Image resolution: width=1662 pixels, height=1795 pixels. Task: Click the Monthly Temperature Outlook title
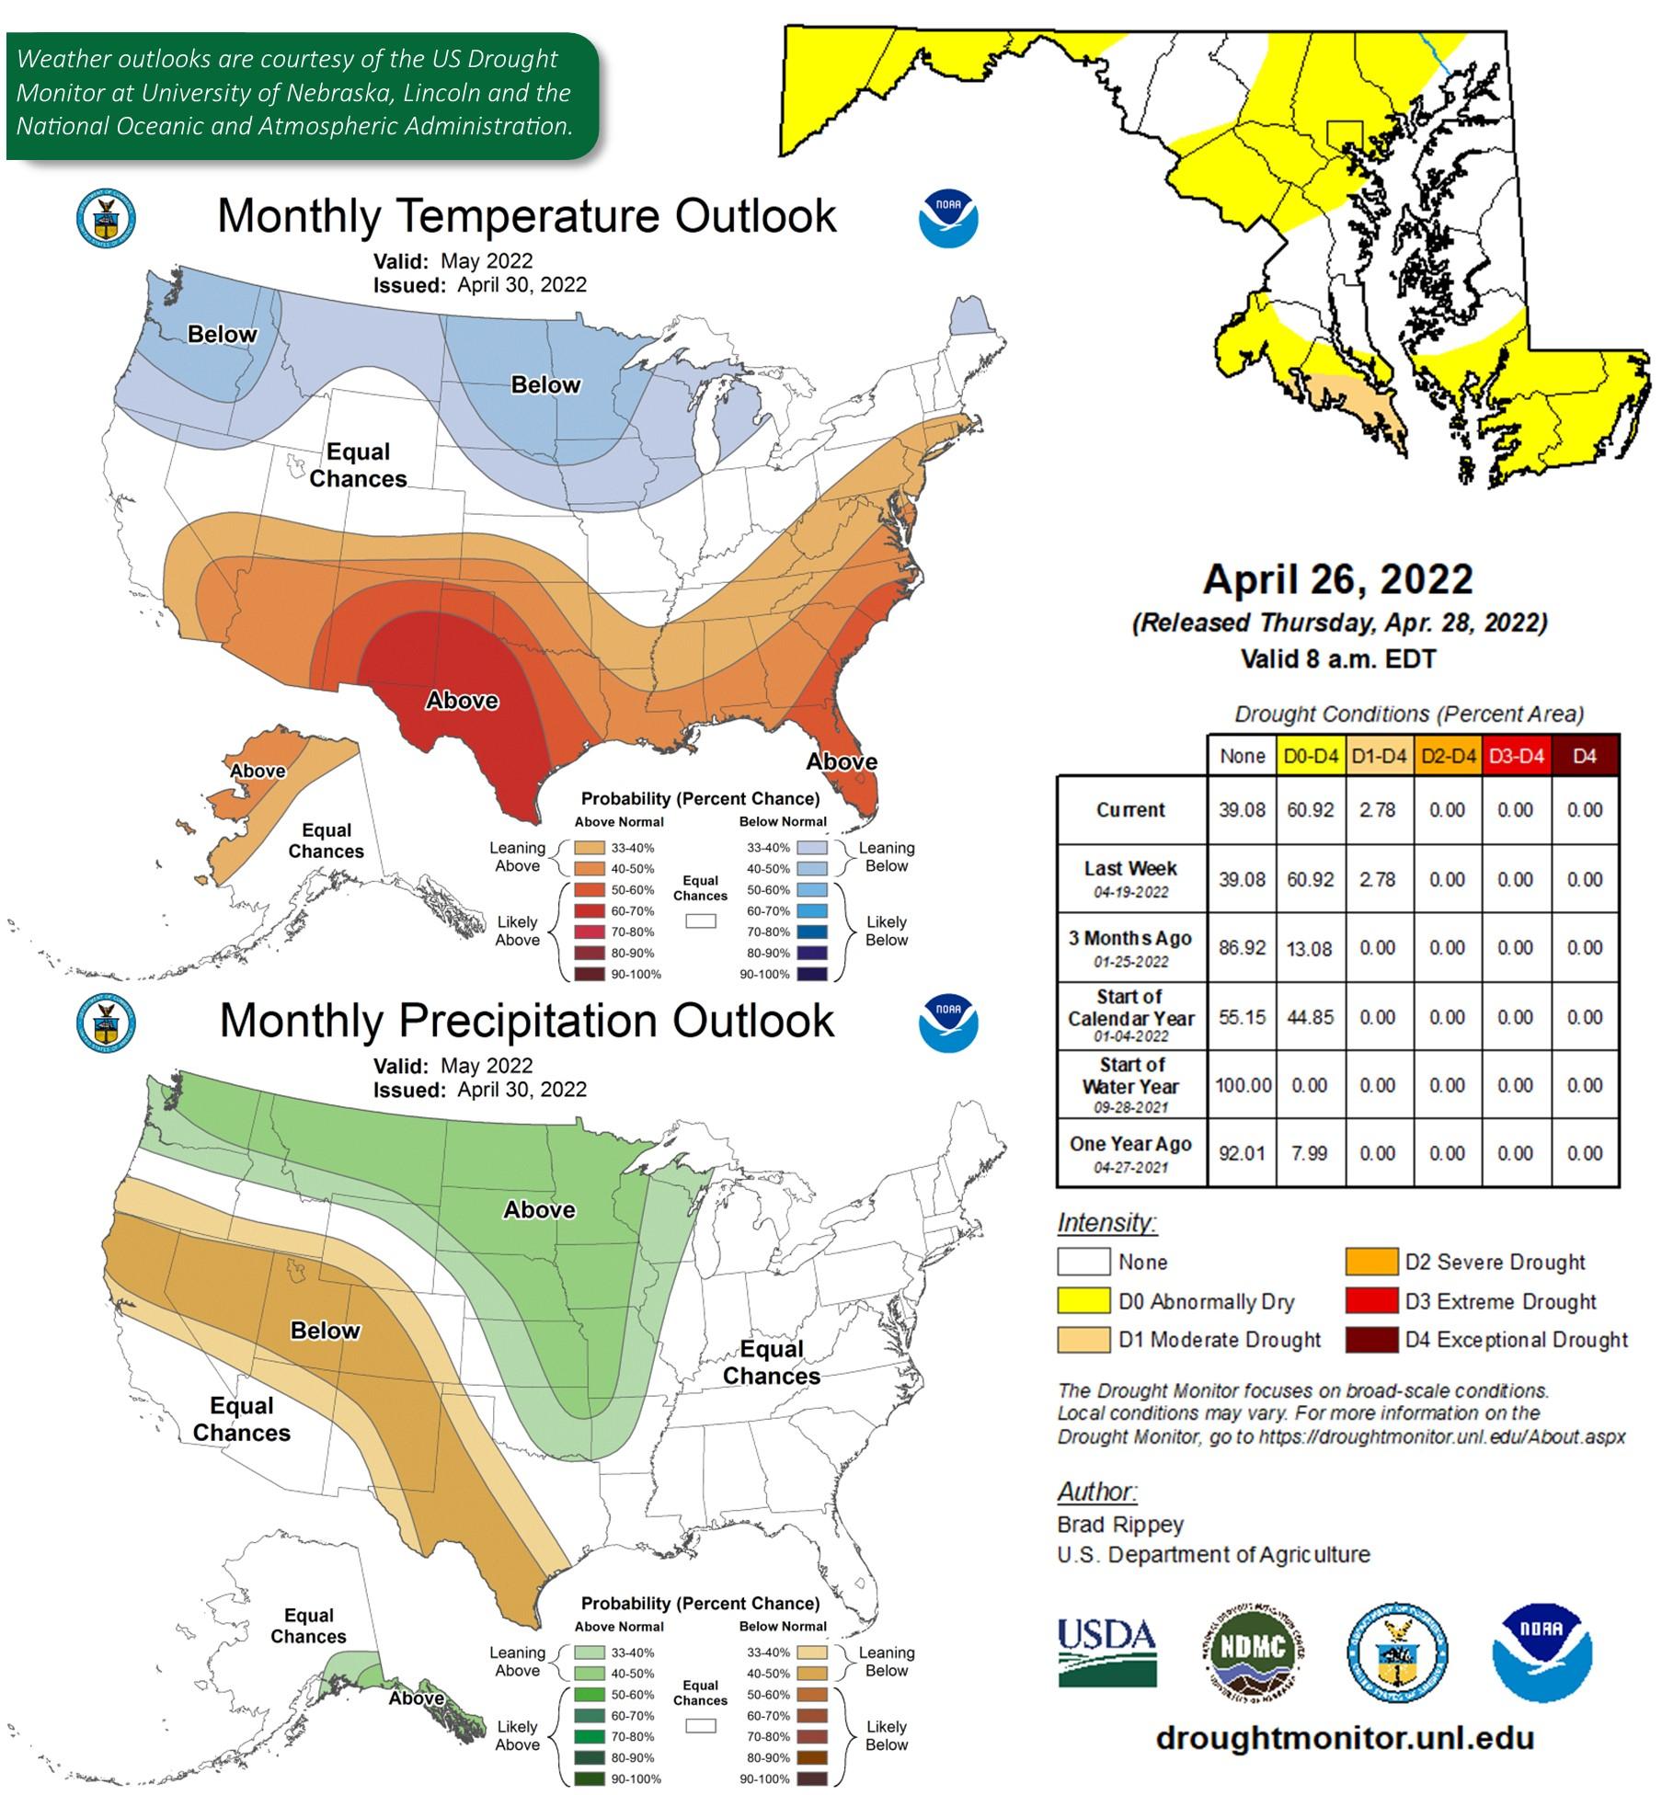click(526, 216)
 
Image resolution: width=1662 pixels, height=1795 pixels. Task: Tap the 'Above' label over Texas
click(462, 701)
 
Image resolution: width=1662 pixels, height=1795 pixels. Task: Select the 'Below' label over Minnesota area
click(545, 384)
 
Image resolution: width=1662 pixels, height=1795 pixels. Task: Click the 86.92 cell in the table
click(1242, 948)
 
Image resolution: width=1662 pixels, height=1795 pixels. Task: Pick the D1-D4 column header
click(1379, 757)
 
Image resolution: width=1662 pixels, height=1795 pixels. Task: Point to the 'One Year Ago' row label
click(1130, 1145)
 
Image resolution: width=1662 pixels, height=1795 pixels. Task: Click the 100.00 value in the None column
click(1243, 1085)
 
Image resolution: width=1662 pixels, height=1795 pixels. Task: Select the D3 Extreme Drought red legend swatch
click(1371, 1301)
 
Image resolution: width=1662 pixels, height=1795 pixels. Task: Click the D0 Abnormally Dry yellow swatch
click(1083, 1301)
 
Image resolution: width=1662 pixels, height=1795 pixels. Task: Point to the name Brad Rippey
click(1119, 1525)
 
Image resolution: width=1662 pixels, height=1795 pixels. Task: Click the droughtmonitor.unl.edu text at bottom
click(1345, 1739)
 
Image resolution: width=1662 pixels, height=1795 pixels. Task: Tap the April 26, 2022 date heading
click(1337, 579)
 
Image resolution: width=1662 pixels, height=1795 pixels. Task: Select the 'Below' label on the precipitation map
click(325, 1331)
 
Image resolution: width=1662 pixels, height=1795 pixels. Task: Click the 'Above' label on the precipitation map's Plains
click(539, 1209)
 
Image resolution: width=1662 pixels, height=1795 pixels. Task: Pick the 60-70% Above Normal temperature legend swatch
click(589, 911)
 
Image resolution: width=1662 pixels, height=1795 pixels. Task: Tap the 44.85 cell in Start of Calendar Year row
click(1310, 1017)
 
